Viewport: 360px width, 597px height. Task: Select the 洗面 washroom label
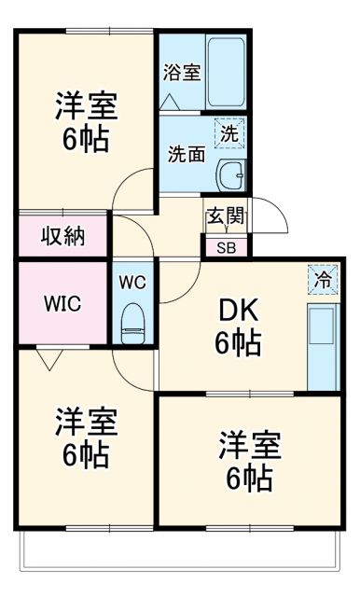tap(186, 154)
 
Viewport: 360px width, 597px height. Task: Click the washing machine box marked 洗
tap(229, 132)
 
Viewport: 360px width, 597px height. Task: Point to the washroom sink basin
tap(229, 174)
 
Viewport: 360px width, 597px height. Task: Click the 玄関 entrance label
tap(226, 216)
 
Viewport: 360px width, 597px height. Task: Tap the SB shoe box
tap(226, 247)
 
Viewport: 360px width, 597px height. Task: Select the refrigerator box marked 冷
tap(322, 278)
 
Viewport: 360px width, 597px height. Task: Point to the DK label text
tap(237, 309)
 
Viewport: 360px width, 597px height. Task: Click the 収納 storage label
tap(62, 236)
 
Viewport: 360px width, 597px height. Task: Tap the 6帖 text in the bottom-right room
tap(247, 479)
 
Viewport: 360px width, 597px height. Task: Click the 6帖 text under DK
tap(237, 343)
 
